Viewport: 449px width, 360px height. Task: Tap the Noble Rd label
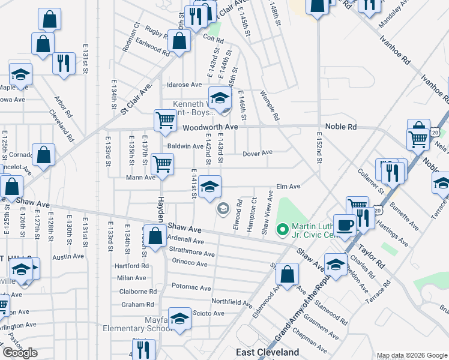pyautogui.click(x=341, y=127)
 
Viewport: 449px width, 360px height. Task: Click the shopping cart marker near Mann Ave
pyautogui.click(x=162, y=163)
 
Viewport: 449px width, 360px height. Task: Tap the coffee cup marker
pyautogui.click(x=345, y=225)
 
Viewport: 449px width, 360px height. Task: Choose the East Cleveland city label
pyautogui.click(x=267, y=352)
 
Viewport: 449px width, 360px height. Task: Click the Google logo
pyautogui.click(x=20, y=353)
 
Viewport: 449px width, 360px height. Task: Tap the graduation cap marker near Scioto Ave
pyautogui.click(x=179, y=318)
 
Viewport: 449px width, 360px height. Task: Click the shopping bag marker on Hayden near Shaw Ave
pyautogui.click(x=155, y=235)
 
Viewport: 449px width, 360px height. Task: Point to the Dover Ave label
pyautogui.click(x=258, y=154)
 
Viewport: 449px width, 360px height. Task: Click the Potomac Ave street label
pyautogui.click(x=191, y=287)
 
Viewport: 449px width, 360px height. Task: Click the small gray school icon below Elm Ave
pyautogui.click(x=223, y=208)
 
